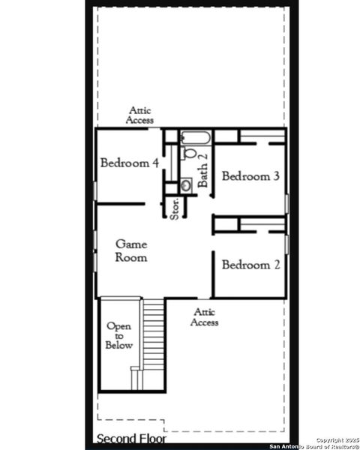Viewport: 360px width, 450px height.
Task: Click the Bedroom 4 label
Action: [129, 163]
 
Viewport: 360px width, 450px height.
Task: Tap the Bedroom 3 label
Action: [250, 176]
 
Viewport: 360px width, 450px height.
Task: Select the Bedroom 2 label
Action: [250, 265]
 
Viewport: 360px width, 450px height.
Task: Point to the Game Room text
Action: [130, 250]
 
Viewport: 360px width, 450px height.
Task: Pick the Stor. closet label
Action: [174, 208]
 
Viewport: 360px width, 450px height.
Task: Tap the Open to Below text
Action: [119, 336]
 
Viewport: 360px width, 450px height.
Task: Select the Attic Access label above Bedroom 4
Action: [140, 115]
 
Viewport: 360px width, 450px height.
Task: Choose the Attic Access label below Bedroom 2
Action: [204, 317]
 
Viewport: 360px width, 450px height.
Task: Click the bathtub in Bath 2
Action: [196, 137]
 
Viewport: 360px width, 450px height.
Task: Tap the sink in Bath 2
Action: [185, 184]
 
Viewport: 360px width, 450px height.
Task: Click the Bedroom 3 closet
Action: [262, 138]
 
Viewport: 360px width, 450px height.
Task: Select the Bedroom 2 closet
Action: [262, 224]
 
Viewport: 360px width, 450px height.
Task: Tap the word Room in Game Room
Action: [130, 257]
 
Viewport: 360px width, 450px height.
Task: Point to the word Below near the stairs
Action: [119, 346]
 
